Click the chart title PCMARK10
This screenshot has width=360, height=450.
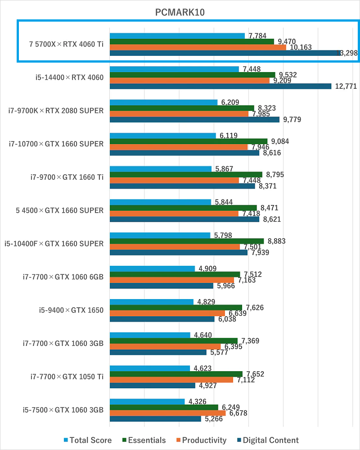180,12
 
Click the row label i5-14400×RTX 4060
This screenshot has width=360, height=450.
70,77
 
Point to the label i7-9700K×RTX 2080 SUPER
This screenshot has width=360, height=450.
56,111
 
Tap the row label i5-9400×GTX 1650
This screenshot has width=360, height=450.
71,310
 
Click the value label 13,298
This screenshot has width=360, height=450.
346,53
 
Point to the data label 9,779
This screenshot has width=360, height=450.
292,119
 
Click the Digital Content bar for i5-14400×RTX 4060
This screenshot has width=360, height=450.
220,86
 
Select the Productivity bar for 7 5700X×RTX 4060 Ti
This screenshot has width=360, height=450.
198,47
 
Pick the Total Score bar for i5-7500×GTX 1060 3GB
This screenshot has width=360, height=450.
147,401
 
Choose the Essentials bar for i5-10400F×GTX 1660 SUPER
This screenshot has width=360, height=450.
186,241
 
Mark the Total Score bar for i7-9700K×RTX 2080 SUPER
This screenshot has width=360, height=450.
163,102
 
